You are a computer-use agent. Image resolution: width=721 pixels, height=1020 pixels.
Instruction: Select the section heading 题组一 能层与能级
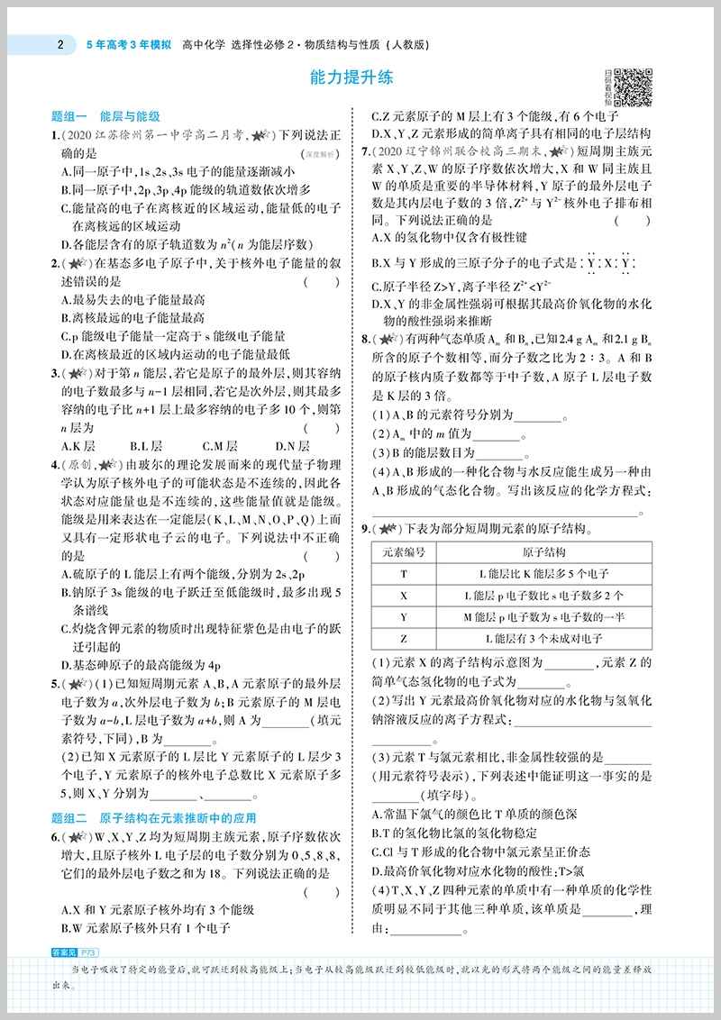[105, 117]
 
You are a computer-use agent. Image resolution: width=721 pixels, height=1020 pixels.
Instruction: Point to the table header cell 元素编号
[403, 552]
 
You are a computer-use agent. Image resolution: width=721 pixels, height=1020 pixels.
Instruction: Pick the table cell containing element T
[403, 574]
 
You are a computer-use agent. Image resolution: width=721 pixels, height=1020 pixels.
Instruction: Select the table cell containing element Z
[403, 639]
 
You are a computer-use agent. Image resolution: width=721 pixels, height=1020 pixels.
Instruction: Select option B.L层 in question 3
[146, 445]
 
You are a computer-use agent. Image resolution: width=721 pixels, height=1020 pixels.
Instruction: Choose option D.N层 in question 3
[292, 445]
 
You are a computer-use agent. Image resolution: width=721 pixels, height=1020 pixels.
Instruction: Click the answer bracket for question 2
[322, 282]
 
